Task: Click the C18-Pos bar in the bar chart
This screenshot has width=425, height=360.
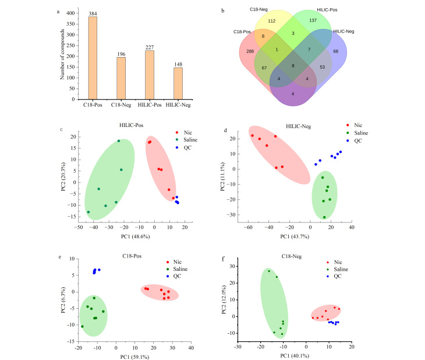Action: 93,58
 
